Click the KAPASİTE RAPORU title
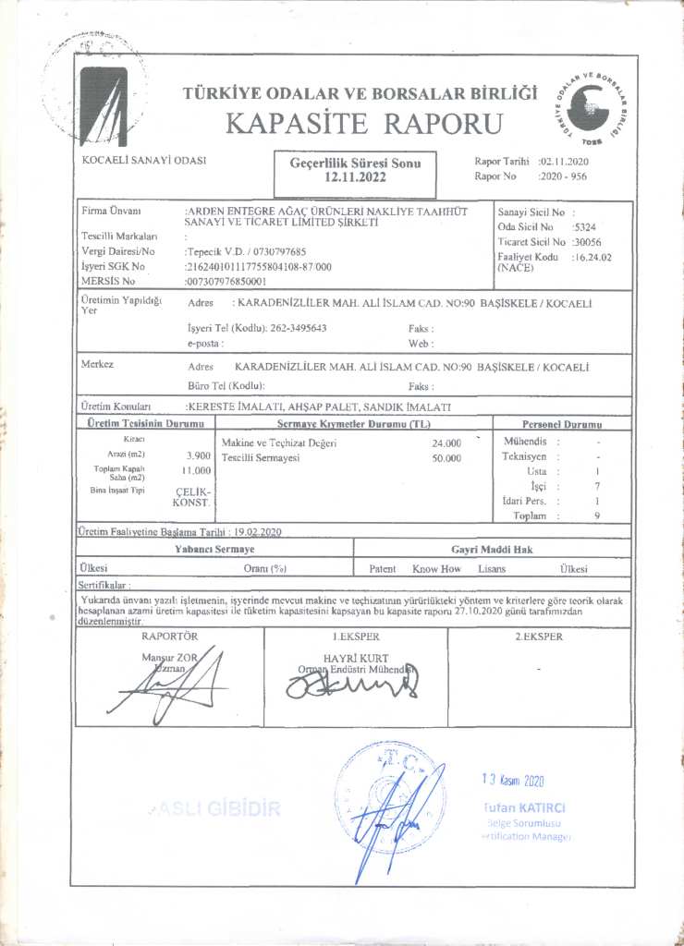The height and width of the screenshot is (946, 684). coord(363,123)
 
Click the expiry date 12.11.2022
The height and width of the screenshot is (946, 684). coord(355,175)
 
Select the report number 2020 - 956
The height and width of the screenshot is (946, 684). coord(566,175)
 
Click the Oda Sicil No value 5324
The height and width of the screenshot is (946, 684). coord(584,225)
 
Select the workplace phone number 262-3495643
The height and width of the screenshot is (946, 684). coord(298,328)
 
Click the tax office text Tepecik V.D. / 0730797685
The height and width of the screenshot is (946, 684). coord(247,250)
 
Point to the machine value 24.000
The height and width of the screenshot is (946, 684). coord(446,443)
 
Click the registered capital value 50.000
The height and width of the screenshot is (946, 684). coord(446,457)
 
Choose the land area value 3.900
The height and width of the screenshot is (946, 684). coord(198,455)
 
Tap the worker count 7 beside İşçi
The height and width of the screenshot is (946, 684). coord(598,485)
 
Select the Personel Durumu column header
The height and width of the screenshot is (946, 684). coord(562,424)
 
